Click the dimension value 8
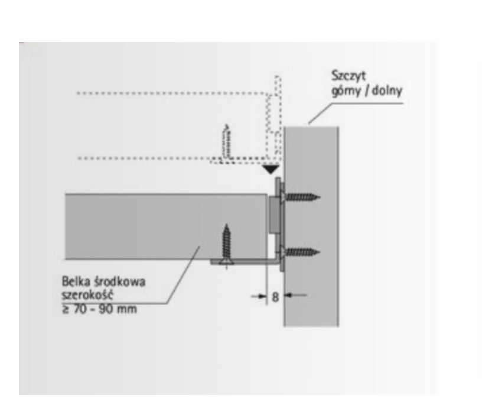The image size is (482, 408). (x=275, y=296)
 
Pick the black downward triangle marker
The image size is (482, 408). (x=271, y=170)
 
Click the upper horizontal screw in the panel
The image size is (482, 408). (x=302, y=196)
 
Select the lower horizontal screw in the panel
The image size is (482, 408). (x=302, y=252)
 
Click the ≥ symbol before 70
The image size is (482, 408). (x=65, y=308)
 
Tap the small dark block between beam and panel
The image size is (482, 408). (x=273, y=215)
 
